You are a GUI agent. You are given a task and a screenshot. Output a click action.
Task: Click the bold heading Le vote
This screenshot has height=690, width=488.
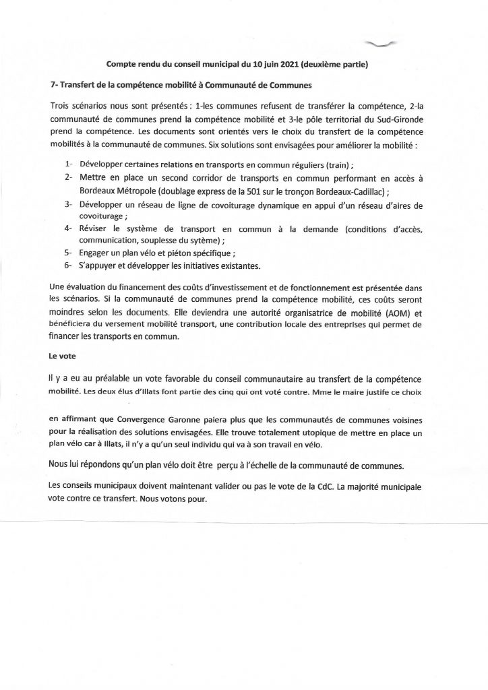[63, 354]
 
